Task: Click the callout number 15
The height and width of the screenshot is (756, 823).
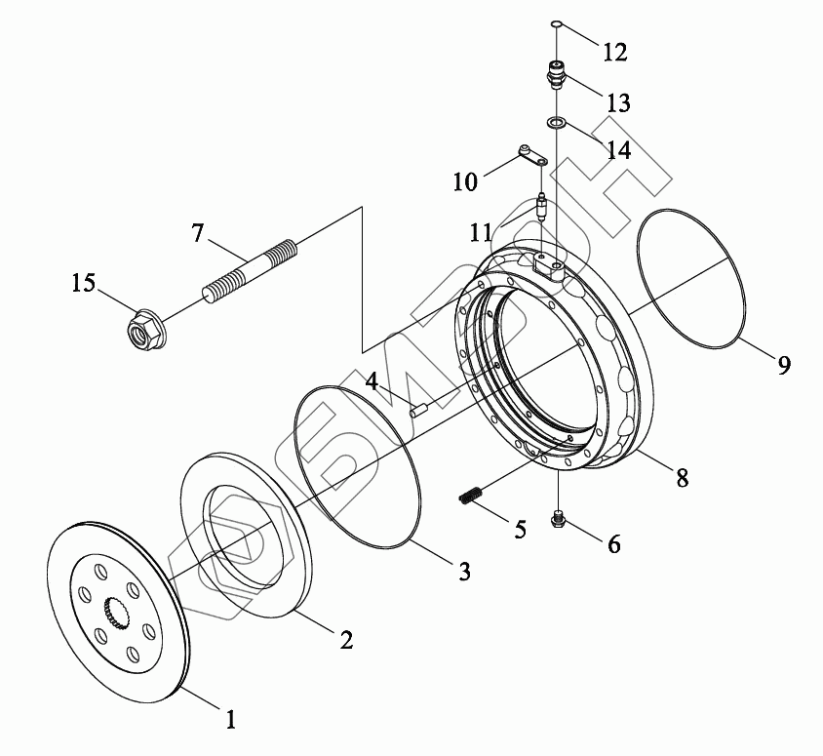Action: coord(83,283)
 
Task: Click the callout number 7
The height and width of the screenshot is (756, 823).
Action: coord(198,233)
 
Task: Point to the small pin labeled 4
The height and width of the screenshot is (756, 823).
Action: coord(420,410)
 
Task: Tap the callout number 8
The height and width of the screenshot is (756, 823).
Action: coord(682,477)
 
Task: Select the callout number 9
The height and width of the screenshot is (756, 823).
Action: coord(784,365)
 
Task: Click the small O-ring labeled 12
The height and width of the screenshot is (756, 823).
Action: coord(555,24)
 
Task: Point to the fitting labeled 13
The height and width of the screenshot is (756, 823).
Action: coord(557,75)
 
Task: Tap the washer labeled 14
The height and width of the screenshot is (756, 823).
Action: coord(556,123)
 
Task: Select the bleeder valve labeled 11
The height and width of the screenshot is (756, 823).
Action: coord(542,209)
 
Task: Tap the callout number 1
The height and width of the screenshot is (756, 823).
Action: coord(230,720)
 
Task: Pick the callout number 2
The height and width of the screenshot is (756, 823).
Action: coord(345,640)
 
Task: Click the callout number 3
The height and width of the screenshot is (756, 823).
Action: coord(464,571)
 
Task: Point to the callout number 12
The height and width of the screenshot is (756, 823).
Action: coord(614,51)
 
